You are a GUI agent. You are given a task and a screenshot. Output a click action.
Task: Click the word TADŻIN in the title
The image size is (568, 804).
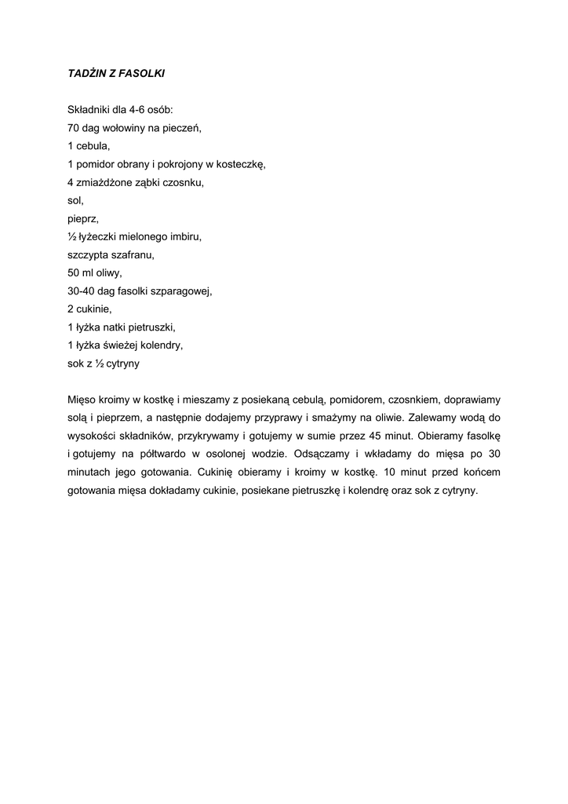pos(86,73)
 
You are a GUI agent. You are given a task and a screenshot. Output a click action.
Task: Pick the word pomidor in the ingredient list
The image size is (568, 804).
pos(96,164)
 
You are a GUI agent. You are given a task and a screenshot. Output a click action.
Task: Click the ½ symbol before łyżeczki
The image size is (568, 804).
pos(72,236)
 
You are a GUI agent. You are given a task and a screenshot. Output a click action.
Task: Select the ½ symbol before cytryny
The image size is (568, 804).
pos(100,364)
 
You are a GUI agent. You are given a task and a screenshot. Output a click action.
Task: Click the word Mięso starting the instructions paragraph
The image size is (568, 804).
pos(82,400)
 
